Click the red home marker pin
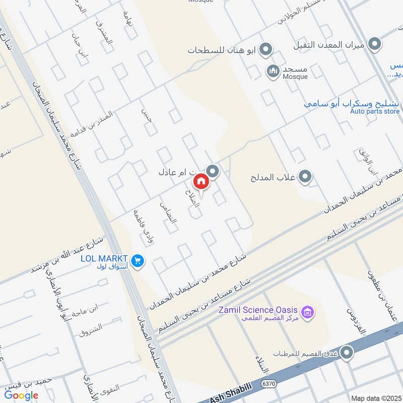point(200,182)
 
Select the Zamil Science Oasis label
point(258,310)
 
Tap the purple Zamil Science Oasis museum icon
point(309,313)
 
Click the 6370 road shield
point(269,384)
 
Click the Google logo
point(21,395)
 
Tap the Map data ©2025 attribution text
point(375,398)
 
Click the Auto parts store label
point(375,111)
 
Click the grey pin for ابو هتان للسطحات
point(266,49)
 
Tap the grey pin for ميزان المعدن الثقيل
point(374,45)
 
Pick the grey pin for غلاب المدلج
point(305,177)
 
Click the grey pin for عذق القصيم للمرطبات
point(346,353)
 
